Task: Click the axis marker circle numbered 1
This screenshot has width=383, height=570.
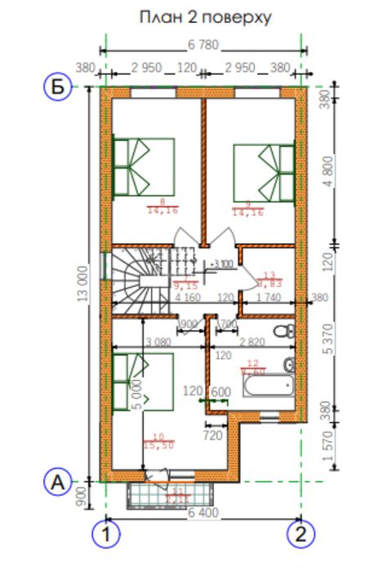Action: [105, 535]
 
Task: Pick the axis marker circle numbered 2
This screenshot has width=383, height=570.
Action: [301, 535]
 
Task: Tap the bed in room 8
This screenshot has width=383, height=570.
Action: [144, 166]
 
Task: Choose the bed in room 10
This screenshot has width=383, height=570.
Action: [144, 381]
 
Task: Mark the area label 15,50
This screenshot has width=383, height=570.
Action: [158, 445]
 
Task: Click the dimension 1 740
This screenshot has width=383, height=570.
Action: [268, 298]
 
